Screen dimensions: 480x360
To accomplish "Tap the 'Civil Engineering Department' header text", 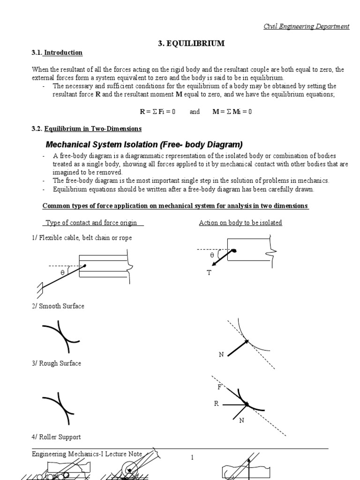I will coord(306,26).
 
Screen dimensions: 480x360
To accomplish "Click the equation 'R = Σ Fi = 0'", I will coord(157,112).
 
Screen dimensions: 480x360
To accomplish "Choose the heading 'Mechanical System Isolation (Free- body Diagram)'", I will coord(144,144).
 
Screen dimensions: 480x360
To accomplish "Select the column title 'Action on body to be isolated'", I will coord(240,223).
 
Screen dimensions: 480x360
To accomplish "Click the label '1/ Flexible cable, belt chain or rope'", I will coord(82,238).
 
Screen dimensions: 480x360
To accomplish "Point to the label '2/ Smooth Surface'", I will coord(58,306).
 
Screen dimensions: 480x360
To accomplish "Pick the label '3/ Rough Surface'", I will coord(57,363).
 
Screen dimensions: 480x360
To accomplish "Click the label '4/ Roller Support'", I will coord(56,437).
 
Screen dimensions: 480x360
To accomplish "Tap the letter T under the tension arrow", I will coord(209,273).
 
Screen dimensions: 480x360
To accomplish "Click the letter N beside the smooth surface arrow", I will coord(221,354).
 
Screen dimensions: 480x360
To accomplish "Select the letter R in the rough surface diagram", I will coord(217,404).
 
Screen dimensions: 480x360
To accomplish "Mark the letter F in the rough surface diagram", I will coord(219,387).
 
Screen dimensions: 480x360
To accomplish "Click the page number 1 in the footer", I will coord(192,458).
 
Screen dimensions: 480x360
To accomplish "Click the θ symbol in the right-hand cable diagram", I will coord(212,255).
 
